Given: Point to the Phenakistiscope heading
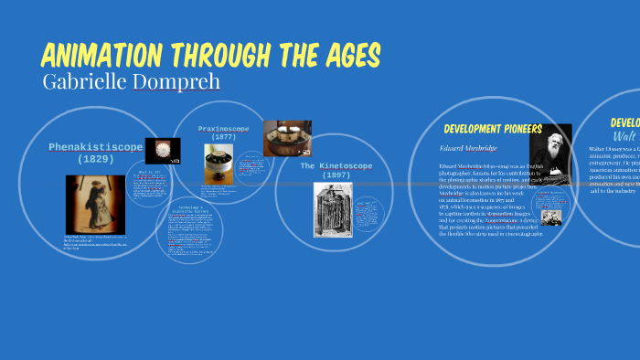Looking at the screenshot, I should pos(95,146).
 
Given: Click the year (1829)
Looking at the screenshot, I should pos(95,159).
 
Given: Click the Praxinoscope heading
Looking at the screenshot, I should pos(225,128).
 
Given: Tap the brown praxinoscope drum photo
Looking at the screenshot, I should pos(286,138).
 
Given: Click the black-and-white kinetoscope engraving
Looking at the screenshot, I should pos(333,212).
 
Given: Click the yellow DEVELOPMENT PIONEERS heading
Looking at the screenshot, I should pos(493,129).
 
